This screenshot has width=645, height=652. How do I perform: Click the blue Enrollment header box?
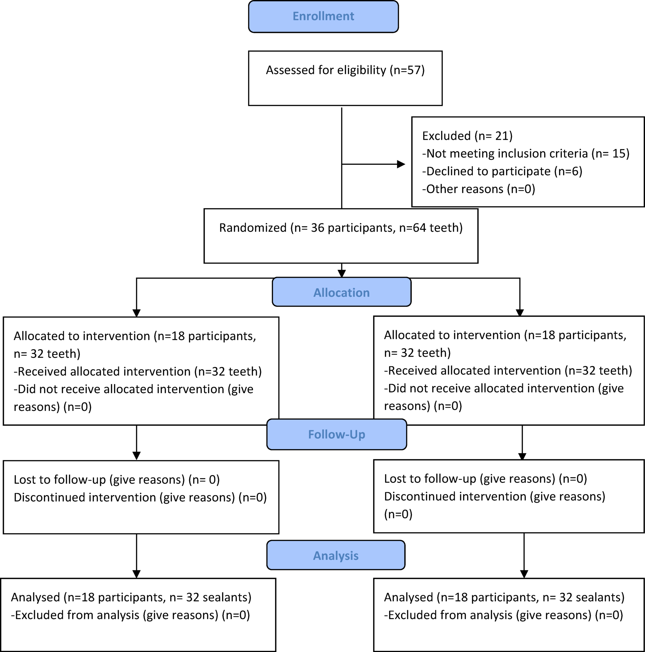pos(323,16)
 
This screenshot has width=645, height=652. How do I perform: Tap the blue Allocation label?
pos(341,292)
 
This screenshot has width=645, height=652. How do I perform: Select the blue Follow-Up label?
pos(336,434)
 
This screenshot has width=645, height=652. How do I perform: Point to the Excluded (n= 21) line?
pos(467,136)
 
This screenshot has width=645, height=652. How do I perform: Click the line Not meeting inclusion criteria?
pos(525,154)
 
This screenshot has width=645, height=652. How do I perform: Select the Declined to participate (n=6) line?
pos(502,171)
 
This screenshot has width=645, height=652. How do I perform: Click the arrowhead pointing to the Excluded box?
pos(401,164)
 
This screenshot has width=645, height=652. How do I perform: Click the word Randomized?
pos(253,228)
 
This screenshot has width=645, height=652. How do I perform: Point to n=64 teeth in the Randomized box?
pos(430,228)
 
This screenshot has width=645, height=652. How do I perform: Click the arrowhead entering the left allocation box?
pos(136,313)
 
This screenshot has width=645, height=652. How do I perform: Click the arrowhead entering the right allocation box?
pos(520,312)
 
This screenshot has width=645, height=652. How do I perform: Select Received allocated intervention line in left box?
pos(138,372)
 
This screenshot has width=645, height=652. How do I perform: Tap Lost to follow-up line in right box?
pos(485,479)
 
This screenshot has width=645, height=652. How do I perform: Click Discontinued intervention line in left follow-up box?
pos(140,497)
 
